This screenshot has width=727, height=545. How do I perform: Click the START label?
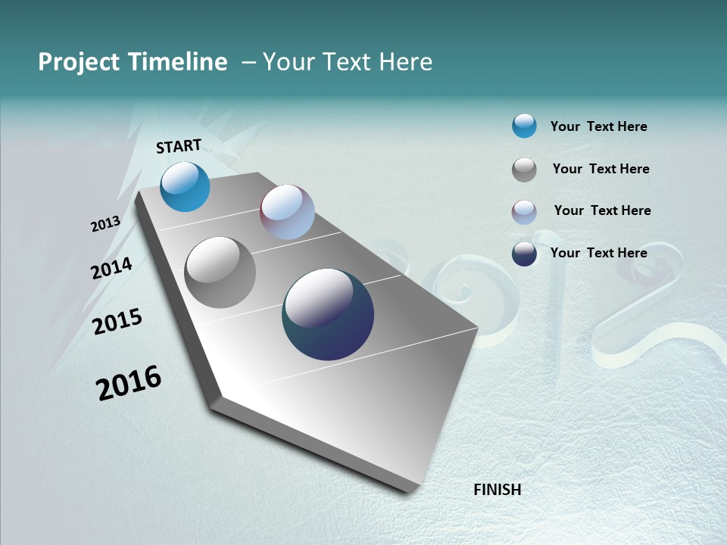point(179,146)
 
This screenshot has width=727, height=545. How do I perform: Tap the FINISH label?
point(497,490)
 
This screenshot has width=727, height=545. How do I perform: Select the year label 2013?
point(106,224)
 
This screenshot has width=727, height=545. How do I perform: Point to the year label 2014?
point(112,268)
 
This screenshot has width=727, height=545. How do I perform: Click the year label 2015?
point(117,322)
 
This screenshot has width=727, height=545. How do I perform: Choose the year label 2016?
point(129,383)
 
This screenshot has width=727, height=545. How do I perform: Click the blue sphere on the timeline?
point(186,187)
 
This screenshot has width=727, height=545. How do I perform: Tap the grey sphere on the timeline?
point(220,272)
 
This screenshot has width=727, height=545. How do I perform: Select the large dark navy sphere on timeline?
point(328,314)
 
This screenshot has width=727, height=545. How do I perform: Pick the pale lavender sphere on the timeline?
point(287,212)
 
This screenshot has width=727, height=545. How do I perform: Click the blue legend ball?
point(524,126)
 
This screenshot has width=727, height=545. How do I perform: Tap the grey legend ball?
point(524,170)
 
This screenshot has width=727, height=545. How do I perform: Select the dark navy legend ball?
point(524,254)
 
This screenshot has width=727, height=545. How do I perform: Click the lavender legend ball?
point(524,212)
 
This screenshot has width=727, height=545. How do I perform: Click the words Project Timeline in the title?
point(133,62)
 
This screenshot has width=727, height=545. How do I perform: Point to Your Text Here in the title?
point(347,62)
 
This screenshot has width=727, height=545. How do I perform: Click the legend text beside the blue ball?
point(598,126)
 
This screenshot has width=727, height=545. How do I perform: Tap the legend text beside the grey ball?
point(601,169)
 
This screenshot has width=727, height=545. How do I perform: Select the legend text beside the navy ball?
point(598,253)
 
